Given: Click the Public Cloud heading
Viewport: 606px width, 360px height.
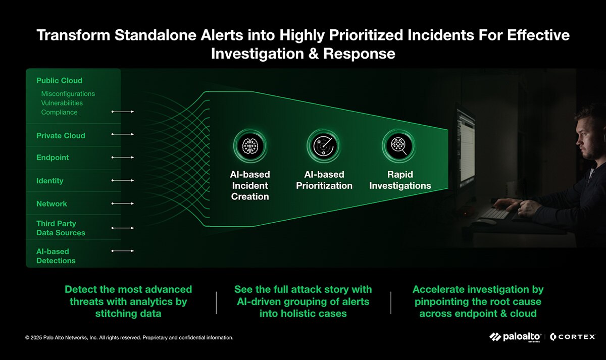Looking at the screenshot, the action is [59, 81].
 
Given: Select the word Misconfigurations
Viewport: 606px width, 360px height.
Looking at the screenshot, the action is [68, 94].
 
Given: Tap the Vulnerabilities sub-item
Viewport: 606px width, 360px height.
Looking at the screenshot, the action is [62, 103].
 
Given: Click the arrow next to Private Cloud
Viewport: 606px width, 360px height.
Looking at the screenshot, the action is [123, 134].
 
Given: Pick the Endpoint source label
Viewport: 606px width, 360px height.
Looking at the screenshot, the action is [53, 158].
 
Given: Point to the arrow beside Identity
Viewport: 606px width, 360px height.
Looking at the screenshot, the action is [123, 180].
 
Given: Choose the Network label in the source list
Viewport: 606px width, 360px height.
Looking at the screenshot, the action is [52, 203].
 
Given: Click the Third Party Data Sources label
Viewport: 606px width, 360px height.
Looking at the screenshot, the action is [61, 228].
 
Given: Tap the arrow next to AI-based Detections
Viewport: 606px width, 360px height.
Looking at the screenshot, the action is [123, 251].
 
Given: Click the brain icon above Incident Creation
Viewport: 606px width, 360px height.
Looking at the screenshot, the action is [250, 146].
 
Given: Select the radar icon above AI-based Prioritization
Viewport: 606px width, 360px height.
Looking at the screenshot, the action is [324, 146].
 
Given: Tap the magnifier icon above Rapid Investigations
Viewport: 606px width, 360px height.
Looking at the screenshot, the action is [399, 146].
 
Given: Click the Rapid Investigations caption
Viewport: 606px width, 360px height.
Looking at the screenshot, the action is [400, 180].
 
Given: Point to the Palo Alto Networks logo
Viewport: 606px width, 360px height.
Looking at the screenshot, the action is [515, 337].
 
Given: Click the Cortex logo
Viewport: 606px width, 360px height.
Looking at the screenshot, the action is [573, 337].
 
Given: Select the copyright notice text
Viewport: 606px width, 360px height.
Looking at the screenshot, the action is [129, 338].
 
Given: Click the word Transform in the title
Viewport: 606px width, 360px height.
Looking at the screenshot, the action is [73, 35].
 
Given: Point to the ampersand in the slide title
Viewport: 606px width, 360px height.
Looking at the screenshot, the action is [314, 54].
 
